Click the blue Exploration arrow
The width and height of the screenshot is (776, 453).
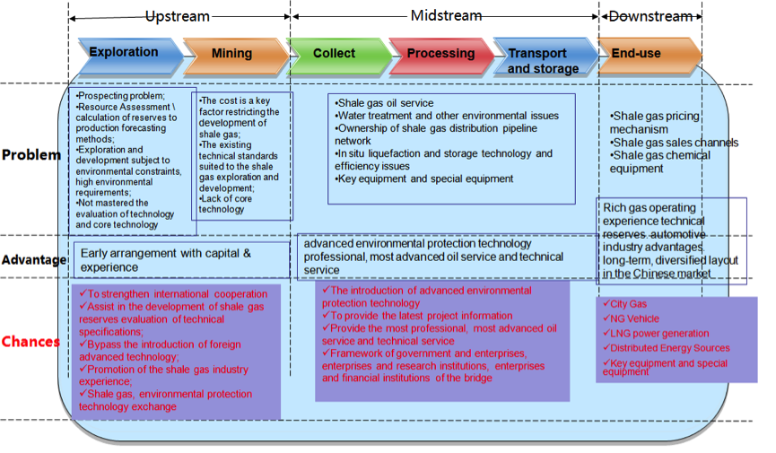131,56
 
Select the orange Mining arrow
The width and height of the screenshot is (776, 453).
236,56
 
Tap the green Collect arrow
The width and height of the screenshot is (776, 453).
339,56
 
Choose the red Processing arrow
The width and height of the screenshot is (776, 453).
442,56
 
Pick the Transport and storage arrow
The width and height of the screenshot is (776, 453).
545,57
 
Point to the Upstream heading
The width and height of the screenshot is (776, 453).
178,16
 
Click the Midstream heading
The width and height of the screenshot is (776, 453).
446,15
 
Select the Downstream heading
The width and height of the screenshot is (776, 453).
650,16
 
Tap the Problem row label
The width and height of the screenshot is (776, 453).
31,155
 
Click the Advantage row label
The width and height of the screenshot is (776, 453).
34,260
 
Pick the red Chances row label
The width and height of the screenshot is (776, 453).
31,342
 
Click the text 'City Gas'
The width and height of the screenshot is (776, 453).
624,304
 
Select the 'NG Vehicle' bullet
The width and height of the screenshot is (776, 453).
631,318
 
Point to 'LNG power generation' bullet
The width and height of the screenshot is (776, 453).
656,333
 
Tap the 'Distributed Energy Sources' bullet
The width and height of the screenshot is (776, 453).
667,348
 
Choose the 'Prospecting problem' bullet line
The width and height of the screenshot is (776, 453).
120,96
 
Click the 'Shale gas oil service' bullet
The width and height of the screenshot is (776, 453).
384,103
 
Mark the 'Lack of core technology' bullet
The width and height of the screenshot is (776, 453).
225,204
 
